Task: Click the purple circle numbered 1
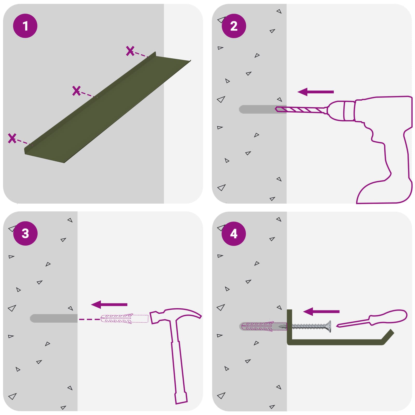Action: click(x=25, y=26)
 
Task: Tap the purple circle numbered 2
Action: click(x=234, y=26)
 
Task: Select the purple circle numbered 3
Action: click(x=25, y=233)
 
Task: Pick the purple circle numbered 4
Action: click(x=234, y=233)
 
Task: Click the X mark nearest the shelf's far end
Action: click(x=130, y=51)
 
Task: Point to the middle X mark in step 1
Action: click(x=77, y=91)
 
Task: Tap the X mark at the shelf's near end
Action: click(x=12, y=138)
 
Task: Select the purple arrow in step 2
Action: click(x=315, y=92)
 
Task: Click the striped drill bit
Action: click(x=301, y=110)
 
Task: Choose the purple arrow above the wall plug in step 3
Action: click(x=109, y=305)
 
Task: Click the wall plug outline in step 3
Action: click(x=124, y=319)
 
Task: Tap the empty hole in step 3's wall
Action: click(x=54, y=318)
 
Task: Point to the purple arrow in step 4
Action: click(x=321, y=312)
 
